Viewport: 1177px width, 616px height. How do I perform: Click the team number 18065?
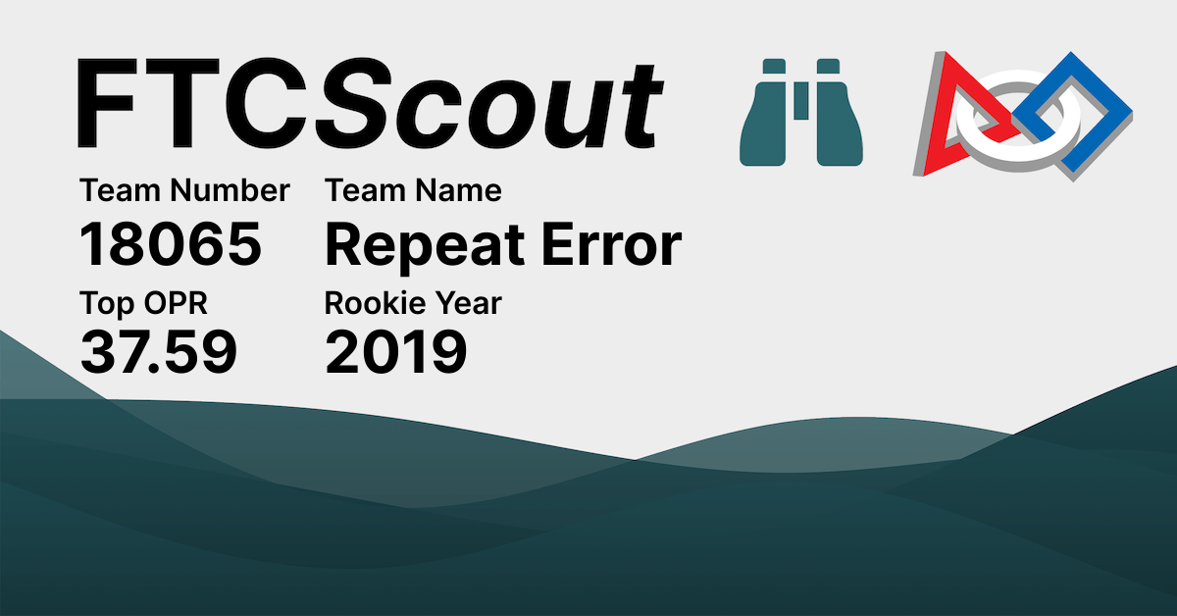[171, 245]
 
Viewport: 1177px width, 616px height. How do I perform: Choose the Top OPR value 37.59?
[158, 353]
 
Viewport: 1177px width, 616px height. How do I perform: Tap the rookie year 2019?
[395, 353]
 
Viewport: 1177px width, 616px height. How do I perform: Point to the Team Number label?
[184, 190]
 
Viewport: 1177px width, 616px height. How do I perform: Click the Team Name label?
[413, 190]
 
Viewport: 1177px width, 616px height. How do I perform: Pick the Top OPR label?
[143, 304]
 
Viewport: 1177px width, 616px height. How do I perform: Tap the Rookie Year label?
[413, 304]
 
